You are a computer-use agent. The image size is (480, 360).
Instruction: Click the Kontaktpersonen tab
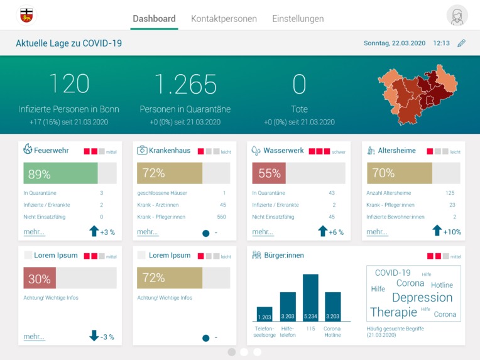(x=224, y=19)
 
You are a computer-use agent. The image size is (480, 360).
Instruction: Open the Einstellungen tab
(x=298, y=19)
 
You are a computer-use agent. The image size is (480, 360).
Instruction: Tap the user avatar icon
(x=457, y=16)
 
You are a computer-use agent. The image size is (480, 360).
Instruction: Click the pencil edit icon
(x=462, y=43)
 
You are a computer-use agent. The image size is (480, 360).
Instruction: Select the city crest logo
(x=26, y=16)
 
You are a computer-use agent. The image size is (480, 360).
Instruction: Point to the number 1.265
(x=185, y=84)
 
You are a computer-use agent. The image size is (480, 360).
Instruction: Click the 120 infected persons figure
(x=68, y=84)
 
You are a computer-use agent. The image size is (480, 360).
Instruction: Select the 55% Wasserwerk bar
(x=269, y=173)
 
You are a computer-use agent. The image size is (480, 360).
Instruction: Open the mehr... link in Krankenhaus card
(x=148, y=232)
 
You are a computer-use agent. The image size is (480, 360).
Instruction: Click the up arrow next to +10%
(x=437, y=231)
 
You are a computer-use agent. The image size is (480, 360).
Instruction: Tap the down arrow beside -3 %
(x=94, y=336)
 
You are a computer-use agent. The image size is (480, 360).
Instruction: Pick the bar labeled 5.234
(x=310, y=298)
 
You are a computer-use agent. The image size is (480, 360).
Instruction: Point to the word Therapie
(x=393, y=312)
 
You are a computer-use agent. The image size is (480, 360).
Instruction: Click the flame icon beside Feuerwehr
(x=28, y=150)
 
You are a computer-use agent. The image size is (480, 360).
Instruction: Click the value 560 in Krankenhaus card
(x=221, y=217)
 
